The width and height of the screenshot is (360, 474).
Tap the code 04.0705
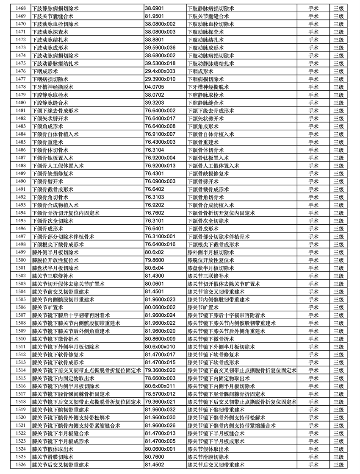click(155, 87)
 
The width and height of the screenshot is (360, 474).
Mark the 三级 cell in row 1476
click(338, 71)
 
